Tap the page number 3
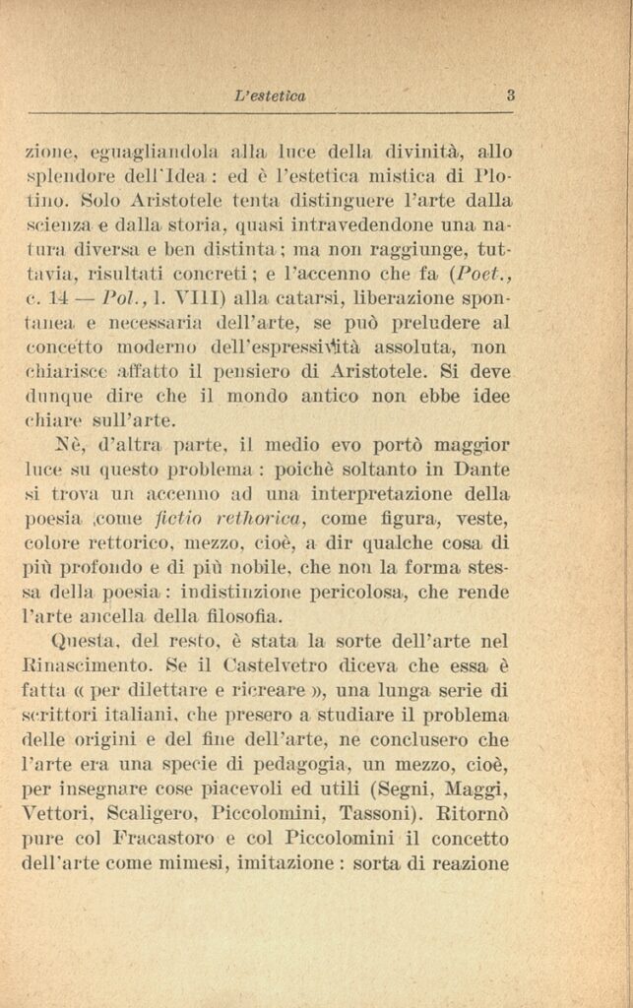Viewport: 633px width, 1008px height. click(x=511, y=95)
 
